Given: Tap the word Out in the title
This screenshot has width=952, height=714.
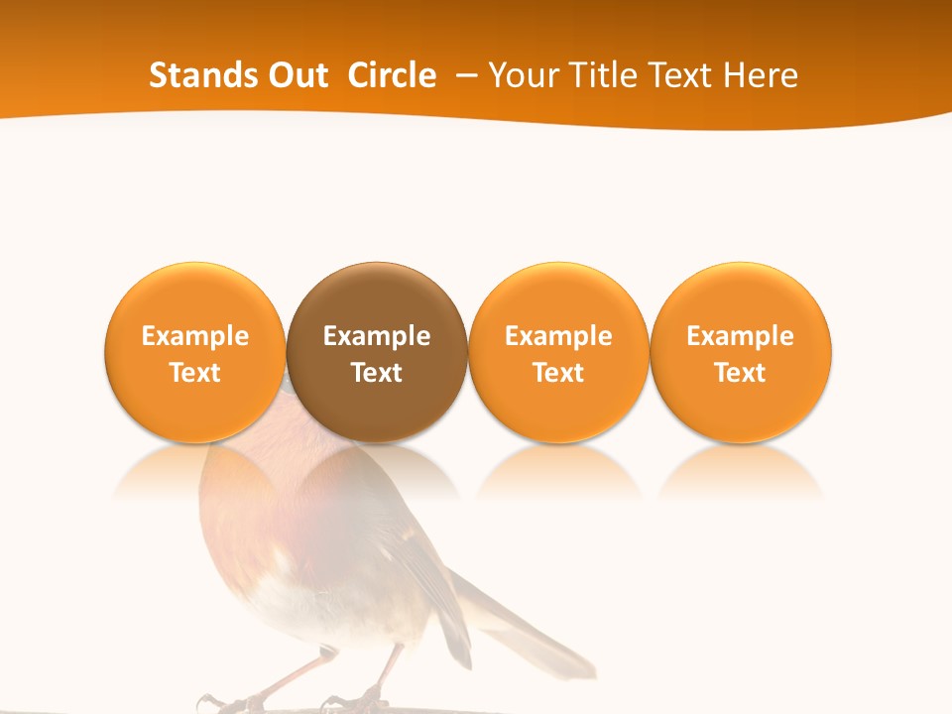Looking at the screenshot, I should point(297,75).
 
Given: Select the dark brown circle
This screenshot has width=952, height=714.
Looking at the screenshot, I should point(377,297).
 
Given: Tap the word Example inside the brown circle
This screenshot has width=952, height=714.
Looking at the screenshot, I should point(377,336).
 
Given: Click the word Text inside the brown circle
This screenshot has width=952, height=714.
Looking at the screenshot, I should point(377,373).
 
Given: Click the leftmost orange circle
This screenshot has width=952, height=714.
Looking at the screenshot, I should point(194,297).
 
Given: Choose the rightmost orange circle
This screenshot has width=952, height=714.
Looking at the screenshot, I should point(741,297).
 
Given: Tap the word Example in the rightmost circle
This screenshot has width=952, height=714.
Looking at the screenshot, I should point(741,336).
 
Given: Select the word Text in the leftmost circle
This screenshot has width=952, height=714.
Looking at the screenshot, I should point(194,373).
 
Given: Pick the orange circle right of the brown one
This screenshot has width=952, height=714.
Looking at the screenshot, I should point(558,297).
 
